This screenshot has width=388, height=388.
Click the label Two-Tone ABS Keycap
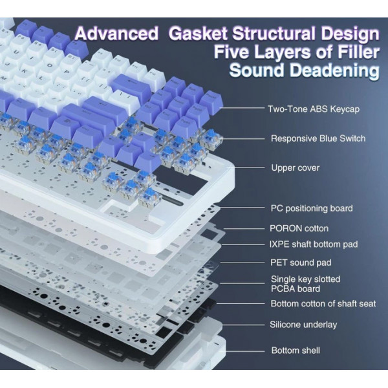click(314, 109)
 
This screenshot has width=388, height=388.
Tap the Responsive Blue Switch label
click(318, 138)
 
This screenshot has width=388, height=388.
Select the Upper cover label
click(296, 167)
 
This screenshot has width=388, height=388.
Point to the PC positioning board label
click(312, 208)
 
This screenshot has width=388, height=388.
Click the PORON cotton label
click(299, 228)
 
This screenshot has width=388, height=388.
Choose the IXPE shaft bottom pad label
click(314, 244)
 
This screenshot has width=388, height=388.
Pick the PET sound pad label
click(301, 263)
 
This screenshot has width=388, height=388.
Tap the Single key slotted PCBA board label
click(305, 284)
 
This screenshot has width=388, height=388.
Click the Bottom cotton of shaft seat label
click(323, 304)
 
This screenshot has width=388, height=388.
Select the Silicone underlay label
click(303, 325)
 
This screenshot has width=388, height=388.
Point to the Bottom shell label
click(296, 350)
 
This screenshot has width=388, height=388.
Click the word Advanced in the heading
click(116, 33)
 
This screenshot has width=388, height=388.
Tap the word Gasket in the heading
click(198, 33)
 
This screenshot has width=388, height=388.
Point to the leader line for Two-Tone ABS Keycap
click(242, 108)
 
